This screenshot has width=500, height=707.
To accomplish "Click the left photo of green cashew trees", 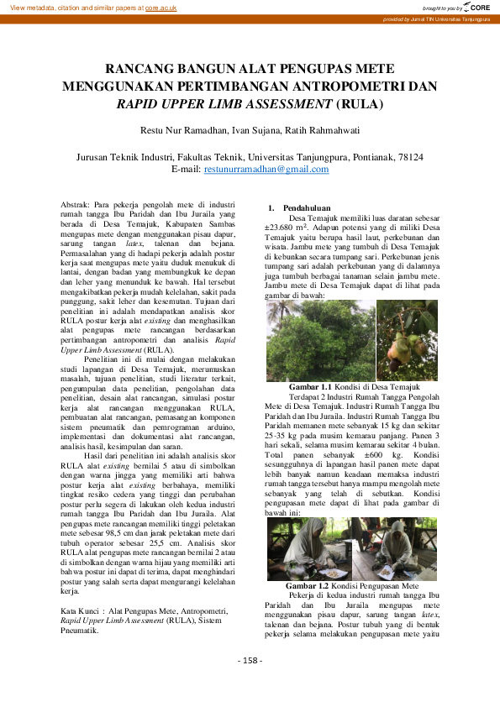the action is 319,341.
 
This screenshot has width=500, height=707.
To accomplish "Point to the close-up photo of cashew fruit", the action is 407,341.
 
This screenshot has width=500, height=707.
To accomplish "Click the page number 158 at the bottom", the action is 250,660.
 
